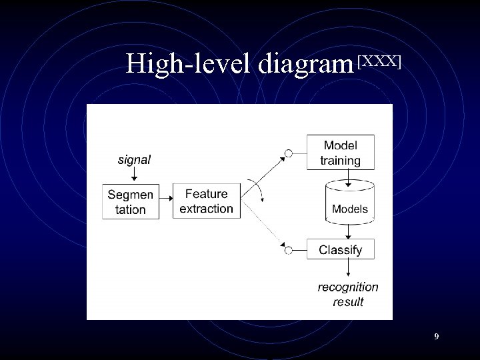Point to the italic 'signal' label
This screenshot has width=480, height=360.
134,159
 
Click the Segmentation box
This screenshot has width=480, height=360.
131,201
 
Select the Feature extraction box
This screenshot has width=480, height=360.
207,201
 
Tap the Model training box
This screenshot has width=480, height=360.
340,153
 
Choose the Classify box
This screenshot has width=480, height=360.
340,251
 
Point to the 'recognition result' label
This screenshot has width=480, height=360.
348,294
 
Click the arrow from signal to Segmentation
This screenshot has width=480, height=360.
134,174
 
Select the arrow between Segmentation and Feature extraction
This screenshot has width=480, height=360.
167,201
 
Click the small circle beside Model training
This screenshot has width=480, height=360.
289,154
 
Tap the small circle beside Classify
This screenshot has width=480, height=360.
289,250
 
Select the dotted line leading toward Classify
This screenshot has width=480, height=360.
263,226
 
